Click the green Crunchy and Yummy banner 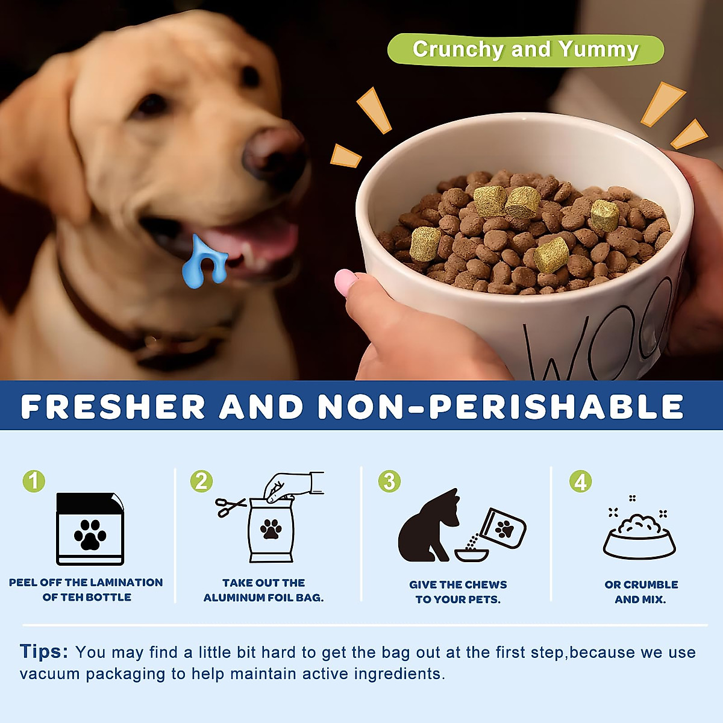(x=525, y=49)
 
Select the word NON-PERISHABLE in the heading (x=500, y=407)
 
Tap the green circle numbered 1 (x=34, y=481)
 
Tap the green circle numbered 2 (x=201, y=481)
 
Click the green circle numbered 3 (x=389, y=481)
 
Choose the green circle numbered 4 (x=580, y=481)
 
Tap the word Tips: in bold (x=44, y=652)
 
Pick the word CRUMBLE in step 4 (x=652, y=584)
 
